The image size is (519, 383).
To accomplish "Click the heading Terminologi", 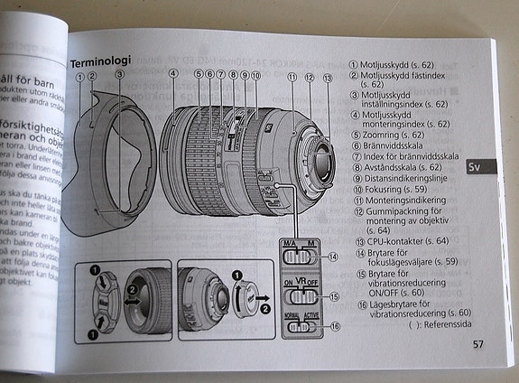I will (x=100, y=62).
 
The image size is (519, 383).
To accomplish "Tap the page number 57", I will (x=477, y=343).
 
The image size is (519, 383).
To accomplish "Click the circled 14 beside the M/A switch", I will (x=334, y=257).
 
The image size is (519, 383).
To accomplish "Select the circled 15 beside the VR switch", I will (x=335, y=295).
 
